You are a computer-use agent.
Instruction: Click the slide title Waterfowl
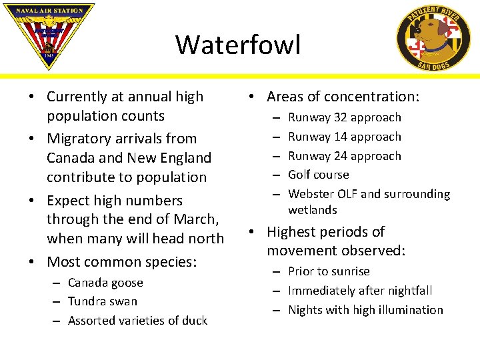tap(238, 45)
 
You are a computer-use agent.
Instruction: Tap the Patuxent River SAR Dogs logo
tap(433, 37)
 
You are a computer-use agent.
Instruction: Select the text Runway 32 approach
tap(344, 117)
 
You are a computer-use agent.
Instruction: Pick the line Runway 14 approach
tap(344, 137)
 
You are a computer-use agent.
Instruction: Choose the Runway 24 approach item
tap(344, 156)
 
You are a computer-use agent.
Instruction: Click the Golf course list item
tap(318, 175)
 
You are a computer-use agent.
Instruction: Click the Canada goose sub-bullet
tap(105, 283)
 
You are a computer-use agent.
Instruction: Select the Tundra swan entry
tap(102, 301)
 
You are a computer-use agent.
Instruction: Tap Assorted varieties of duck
tap(137, 321)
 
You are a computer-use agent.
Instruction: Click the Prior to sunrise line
tap(329, 271)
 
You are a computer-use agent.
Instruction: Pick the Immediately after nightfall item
tap(360, 291)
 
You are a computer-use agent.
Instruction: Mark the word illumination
tap(411, 310)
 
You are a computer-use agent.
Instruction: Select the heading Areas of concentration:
tap(343, 97)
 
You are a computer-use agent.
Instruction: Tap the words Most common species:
tap(121, 261)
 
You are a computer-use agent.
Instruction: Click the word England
tap(183, 158)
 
